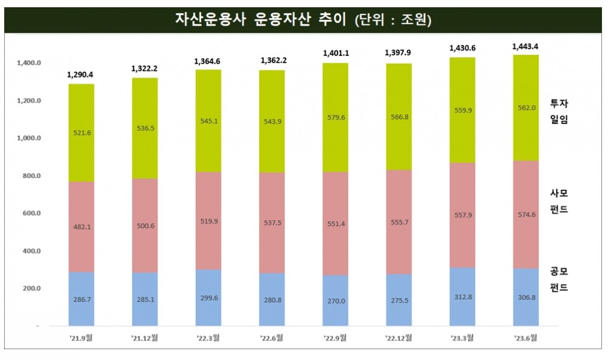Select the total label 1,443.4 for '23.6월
[x=525, y=46]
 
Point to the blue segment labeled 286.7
[x=81, y=299]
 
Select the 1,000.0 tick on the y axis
[x=29, y=138]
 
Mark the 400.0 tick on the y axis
[x=29, y=251]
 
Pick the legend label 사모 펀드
[x=559, y=201]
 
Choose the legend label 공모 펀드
[x=559, y=279]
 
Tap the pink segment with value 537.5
[x=272, y=223]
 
